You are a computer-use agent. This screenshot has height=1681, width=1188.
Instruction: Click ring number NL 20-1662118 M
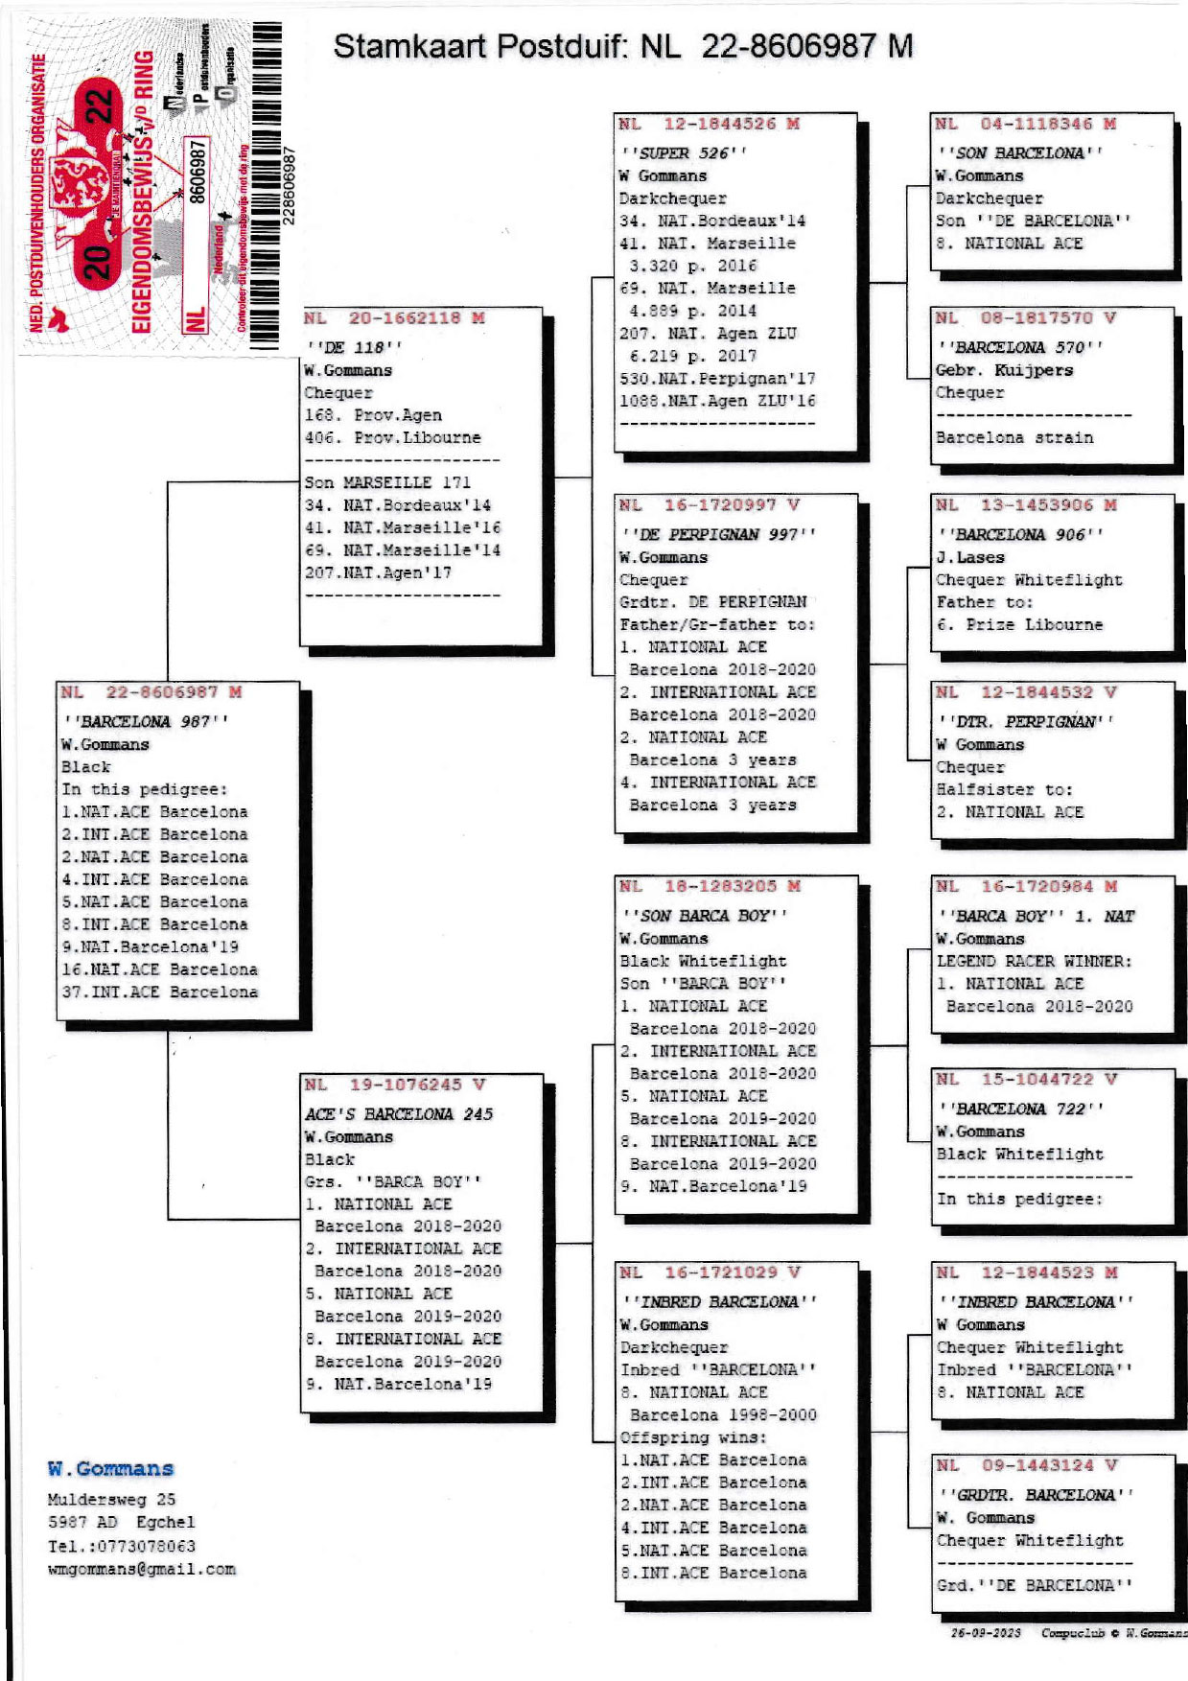(394, 318)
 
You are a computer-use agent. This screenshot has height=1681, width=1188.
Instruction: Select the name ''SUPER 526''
(684, 153)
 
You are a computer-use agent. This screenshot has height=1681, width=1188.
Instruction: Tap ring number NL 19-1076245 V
(395, 1085)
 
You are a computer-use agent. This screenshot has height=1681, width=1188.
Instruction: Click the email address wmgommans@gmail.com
(141, 1570)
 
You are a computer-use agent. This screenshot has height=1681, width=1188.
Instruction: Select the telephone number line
(122, 1546)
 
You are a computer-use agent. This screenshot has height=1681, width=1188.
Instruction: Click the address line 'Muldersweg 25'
(111, 1500)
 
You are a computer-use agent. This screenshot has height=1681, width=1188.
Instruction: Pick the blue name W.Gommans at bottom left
(110, 1469)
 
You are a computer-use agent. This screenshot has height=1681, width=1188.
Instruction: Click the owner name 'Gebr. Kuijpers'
(1004, 370)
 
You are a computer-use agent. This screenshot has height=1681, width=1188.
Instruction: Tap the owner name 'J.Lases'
(970, 557)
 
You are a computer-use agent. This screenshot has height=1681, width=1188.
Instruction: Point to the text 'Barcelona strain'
(1014, 437)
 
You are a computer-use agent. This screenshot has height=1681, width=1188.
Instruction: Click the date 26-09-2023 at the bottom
(985, 1632)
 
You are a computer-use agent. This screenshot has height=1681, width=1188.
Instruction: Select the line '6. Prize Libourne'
(1019, 624)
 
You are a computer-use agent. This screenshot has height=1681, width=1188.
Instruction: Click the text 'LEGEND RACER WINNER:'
(1034, 961)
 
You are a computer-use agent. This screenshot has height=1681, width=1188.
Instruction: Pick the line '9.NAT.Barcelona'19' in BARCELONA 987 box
(150, 946)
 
